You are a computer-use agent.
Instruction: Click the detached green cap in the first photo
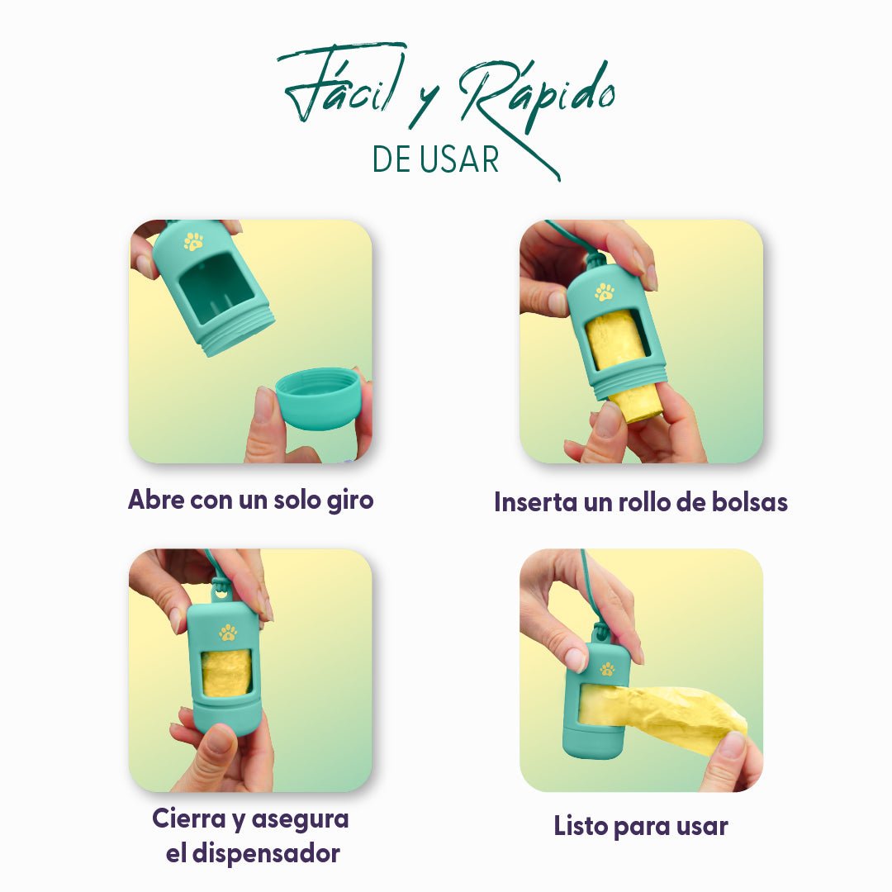tap(318, 397)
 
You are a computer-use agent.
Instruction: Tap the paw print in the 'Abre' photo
tap(193, 241)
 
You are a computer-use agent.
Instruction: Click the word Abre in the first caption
tap(157, 500)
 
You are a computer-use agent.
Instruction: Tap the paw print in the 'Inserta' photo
tap(605, 292)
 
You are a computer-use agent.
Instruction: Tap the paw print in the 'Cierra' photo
tap(227, 633)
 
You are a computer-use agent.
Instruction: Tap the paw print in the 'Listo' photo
tap(607, 669)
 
